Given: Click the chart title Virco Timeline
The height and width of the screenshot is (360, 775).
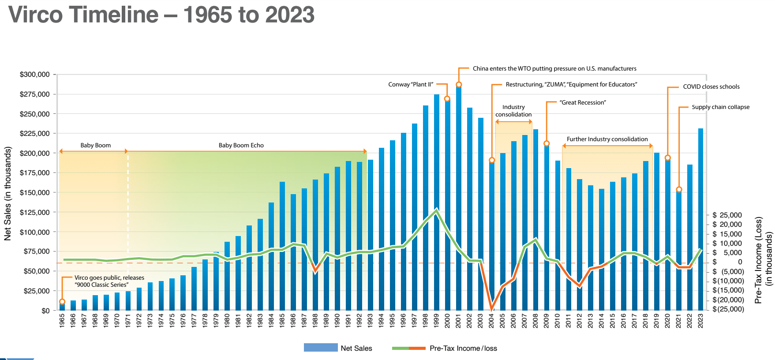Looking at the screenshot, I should [x=161, y=15].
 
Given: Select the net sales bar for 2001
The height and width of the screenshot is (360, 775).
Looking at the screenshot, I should [x=459, y=199].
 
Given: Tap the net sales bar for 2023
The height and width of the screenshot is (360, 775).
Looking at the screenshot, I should [x=700, y=221].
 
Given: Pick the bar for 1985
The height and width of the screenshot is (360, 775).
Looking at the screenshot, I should [x=282, y=247].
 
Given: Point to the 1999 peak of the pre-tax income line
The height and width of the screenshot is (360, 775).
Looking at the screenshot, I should [x=436, y=210].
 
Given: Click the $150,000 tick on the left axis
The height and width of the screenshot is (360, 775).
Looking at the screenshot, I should [x=34, y=192].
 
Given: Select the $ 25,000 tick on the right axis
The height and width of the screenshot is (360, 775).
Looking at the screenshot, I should [x=727, y=215].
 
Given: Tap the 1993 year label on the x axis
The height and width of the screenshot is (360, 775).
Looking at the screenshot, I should [x=370, y=320].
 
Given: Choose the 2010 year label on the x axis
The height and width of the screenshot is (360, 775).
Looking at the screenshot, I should [x=557, y=320].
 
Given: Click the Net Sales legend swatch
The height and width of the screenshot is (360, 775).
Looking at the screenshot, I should [x=321, y=348].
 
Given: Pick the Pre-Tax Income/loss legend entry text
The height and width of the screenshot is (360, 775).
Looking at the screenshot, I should [x=463, y=348].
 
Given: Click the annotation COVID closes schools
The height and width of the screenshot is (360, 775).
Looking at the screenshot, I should [x=711, y=86].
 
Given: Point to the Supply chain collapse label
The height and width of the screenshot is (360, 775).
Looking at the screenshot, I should [x=720, y=107].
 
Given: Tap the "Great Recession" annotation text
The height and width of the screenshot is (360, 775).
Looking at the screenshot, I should [x=583, y=102].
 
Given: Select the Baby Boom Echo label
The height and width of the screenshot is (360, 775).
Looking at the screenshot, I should [x=241, y=145].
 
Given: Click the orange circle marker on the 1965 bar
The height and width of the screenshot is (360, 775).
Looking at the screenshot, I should [x=62, y=302].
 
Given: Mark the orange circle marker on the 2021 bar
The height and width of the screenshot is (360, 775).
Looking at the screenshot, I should [x=679, y=190].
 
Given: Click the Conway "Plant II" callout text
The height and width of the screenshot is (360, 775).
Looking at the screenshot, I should [x=411, y=84].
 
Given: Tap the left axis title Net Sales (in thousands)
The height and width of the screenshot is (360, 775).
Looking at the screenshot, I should [x=7, y=193].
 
